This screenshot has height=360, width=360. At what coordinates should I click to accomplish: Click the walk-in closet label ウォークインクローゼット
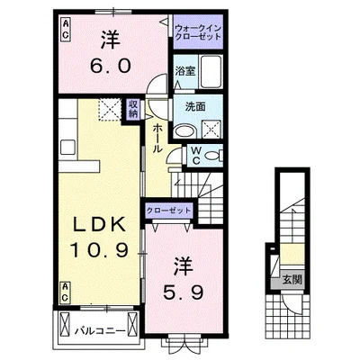point(198,32)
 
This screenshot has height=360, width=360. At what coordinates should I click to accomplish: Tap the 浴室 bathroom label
point(185,71)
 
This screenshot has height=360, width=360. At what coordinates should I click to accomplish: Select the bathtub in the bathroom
point(211,71)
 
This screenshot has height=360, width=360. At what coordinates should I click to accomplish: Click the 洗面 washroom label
point(195,106)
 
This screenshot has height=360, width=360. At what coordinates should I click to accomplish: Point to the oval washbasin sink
point(184,131)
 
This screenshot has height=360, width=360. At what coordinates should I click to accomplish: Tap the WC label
point(196,155)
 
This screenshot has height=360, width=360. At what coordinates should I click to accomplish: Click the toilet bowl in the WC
point(212,156)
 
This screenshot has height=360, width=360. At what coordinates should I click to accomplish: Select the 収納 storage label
point(133,109)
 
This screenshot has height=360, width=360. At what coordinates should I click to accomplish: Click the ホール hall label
point(157,139)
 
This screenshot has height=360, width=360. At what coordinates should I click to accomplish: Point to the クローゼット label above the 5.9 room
point(168,211)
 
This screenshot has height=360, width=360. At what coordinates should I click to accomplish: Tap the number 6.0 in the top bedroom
point(111,66)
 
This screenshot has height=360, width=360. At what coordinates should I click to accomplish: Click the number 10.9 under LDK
point(99,250)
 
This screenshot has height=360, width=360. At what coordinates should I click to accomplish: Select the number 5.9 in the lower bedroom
point(184,292)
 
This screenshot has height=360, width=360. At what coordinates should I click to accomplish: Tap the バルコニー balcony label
point(100,331)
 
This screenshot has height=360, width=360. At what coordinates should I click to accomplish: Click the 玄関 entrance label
point(292,280)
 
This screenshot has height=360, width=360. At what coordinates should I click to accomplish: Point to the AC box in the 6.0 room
point(65,28)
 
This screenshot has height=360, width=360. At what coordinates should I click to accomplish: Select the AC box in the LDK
point(65,292)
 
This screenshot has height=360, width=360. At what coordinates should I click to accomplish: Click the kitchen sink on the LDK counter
point(67,147)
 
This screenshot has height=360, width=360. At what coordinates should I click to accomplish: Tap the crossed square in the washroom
point(211,129)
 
